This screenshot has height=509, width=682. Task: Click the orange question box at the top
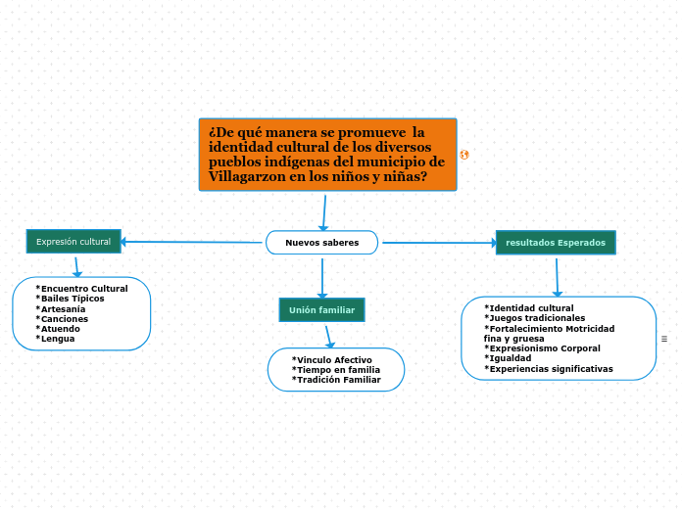pyautogui.click(x=327, y=154)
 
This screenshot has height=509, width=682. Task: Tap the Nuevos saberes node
pyautogui.click(x=321, y=242)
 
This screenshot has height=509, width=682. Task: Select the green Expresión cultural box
pyautogui.click(x=73, y=241)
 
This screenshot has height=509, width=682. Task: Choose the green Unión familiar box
pyautogui.click(x=321, y=309)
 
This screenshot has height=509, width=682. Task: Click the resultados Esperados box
pyautogui.click(x=556, y=242)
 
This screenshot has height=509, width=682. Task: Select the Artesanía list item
pyautogui.click(x=63, y=308)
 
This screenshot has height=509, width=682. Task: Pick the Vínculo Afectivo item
pyautogui.click(x=332, y=360)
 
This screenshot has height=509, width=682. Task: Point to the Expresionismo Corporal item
pyautogui.click(x=543, y=348)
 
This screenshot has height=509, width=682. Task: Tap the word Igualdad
pyautogui.click(x=508, y=358)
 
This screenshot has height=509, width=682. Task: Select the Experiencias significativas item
pyautogui.click(x=549, y=369)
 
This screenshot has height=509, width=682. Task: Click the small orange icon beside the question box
pyautogui.click(x=463, y=155)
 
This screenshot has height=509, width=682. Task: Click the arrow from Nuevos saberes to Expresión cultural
pyautogui.click(x=192, y=242)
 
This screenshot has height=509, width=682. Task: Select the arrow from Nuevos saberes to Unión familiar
pyautogui.click(x=321, y=275)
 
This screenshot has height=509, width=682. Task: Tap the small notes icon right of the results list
pyautogui.click(x=664, y=339)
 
